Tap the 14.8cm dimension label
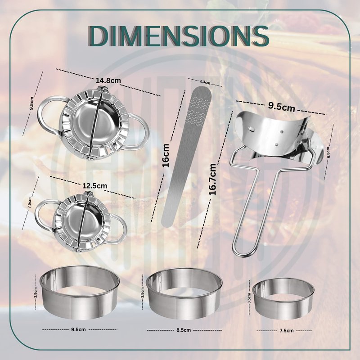click(108, 81)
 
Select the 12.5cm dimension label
click(95, 185)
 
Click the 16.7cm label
click(212, 179)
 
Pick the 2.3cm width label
click(205, 82)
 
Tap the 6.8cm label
click(328, 152)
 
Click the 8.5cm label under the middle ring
click(184, 330)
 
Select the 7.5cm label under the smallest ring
click(286, 331)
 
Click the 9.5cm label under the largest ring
click(78, 329)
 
